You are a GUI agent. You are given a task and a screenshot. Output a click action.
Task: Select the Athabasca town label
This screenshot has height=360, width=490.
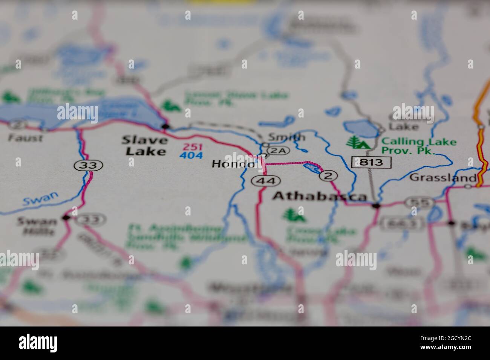pos(320,196)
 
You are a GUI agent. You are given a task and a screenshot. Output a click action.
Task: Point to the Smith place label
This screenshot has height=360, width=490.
pos(286,137)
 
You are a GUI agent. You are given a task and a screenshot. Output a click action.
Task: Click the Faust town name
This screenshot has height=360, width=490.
pos(26,138)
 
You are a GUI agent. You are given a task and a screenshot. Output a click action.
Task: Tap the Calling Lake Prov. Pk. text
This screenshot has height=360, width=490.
pos(418,146)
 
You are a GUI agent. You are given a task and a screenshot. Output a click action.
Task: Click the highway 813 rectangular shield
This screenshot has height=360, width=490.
pos(371,162)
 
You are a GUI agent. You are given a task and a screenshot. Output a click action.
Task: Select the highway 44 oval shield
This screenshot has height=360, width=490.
pos(266,181)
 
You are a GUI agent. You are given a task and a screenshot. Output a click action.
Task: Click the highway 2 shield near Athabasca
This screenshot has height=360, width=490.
pos(328,175)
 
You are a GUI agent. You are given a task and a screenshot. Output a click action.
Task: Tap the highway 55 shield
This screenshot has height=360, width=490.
pos(419,203)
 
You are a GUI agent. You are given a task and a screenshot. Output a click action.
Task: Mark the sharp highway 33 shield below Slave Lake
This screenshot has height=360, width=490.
pos(88,165)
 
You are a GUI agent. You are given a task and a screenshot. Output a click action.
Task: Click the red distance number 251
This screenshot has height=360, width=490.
pos(193,147)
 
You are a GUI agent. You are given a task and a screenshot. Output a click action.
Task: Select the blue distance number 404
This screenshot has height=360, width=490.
pos(191,155)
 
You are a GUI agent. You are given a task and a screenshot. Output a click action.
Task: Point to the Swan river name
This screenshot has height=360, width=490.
pos(40,198)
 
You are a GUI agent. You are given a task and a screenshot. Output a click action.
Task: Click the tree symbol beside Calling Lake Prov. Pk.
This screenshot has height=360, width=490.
pos(357,142)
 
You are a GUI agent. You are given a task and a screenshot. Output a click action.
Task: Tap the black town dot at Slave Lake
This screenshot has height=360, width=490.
pos(165,126)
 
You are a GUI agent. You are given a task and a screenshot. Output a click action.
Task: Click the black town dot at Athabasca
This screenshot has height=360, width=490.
pos(376,206)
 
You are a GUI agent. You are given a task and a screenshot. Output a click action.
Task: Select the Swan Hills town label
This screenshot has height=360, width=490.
pos(36,226)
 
